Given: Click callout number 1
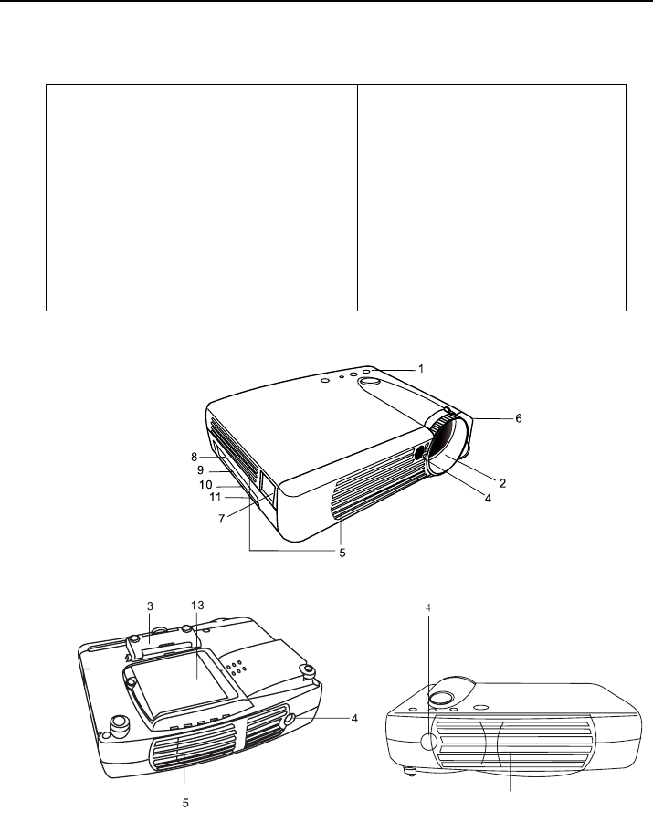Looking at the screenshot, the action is click(421, 369).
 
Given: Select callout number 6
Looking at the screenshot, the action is click(519, 418).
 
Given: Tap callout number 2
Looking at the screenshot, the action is click(502, 483).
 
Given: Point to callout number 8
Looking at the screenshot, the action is click(194, 458).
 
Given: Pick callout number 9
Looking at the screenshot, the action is click(200, 470).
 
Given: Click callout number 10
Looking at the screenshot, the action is click(205, 485).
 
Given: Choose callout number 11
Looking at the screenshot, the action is click(215, 497).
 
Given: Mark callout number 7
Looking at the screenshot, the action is click(222, 519).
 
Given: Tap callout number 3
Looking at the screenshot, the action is click(150, 606).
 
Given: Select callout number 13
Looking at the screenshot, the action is click(197, 606).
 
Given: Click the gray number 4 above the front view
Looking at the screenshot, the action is click(428, 607).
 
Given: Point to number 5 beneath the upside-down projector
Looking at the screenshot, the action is click(185, 803).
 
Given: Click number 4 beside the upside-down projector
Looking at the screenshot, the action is click(354, 719).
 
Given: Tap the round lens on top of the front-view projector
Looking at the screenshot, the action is click(441, 697).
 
